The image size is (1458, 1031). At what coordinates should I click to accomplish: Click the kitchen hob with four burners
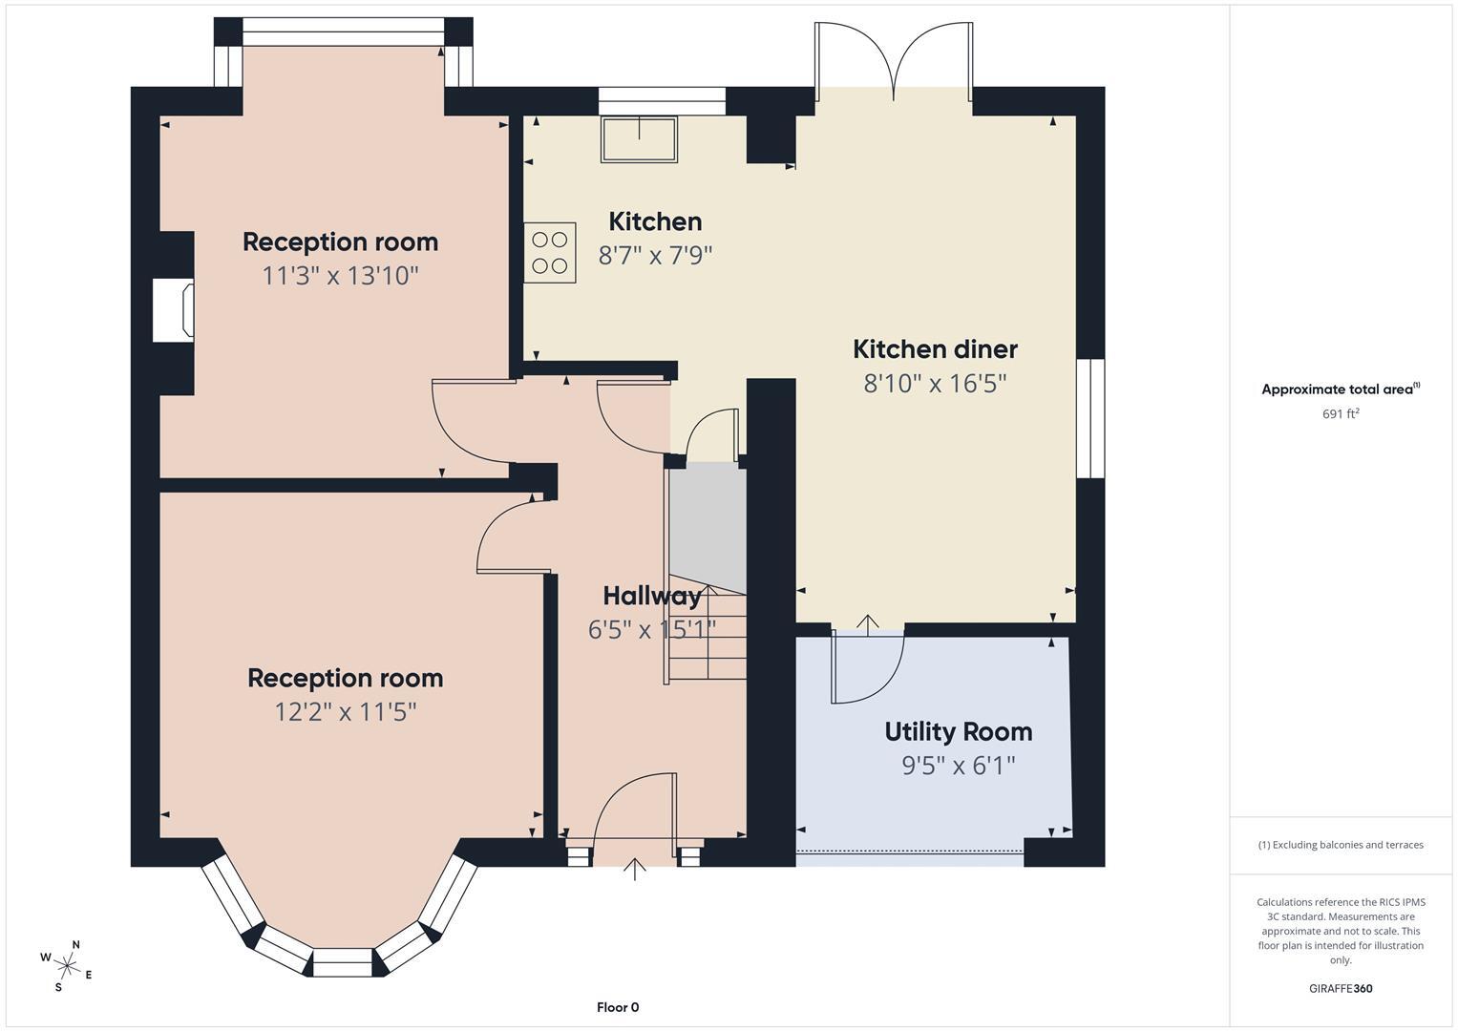(x=549, y=253)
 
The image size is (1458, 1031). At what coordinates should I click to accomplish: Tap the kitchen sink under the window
(x=639, y=139)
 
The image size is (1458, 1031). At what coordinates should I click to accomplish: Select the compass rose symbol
(x=66, y=966)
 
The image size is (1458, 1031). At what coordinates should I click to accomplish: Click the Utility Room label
(x=958, y=732)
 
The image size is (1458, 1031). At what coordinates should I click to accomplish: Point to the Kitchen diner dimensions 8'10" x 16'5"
(x=936, y=384)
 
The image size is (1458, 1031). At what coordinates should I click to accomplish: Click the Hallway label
(x=652, y=596)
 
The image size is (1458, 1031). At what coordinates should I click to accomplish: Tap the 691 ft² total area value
(x=1341, y=414)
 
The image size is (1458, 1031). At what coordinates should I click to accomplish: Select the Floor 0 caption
(x=618, y=1007)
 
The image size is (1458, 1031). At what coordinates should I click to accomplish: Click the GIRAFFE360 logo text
(x=1341, y=988)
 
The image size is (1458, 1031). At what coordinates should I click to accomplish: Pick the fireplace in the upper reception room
(x=174, y=310)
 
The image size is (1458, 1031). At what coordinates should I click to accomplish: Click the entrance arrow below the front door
(x=635, y=870)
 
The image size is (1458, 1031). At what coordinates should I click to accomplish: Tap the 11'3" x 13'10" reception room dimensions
(x=340, y=276)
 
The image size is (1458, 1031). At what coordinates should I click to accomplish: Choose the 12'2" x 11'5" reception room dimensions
(x=345, y=712)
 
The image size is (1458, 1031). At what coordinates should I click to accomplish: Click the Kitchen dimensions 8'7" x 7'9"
(x=655, y=255)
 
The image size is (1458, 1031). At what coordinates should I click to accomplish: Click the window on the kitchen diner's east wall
(x=1090, y=418)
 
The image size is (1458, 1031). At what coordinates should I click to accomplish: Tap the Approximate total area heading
(x=1341, y=389)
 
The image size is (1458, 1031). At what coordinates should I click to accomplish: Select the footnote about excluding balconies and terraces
(x=1341, y=845)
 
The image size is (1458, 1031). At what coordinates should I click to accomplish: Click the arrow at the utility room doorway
(x=867, y=623)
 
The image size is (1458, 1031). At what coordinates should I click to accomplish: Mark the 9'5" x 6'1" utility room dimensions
(x=958, y=766)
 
